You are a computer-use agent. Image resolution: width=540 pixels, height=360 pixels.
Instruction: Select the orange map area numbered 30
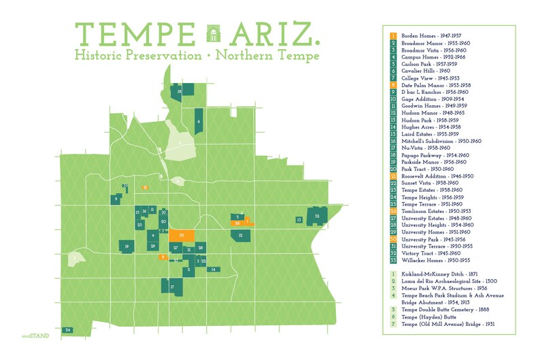[182, 235]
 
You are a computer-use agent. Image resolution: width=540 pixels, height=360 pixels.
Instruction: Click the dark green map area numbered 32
[317, 216]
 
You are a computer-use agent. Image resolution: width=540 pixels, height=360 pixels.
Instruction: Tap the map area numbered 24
[68, 330]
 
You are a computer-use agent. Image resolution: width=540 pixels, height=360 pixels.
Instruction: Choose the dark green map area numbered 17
[173, 288]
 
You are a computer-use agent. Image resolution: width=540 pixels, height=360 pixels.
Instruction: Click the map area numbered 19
[127, 246]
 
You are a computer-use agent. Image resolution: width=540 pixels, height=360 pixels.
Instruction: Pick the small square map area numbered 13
[299, 220]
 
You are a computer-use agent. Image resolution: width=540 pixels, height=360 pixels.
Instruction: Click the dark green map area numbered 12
[241, 235]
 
